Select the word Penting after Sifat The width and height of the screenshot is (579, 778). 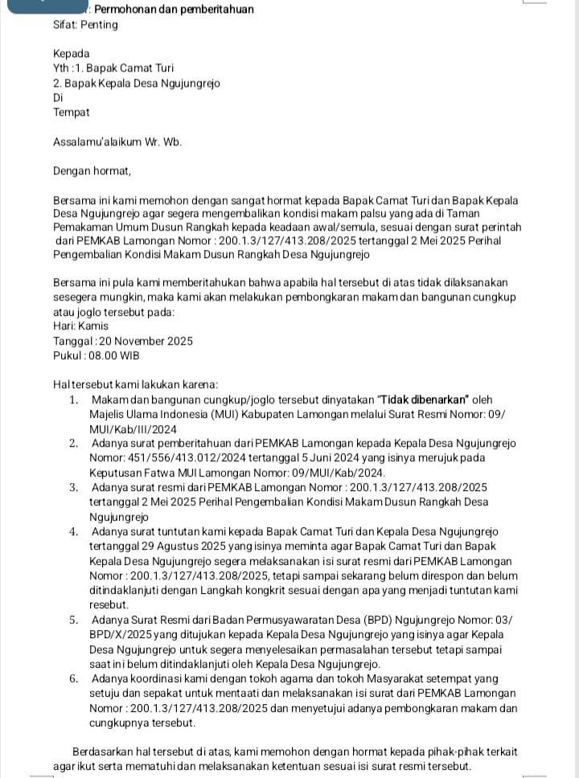(x=99, y=25)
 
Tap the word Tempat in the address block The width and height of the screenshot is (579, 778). (x=72, y=113)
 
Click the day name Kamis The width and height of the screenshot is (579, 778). (x=93, y=326)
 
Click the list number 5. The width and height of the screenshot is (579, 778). (x=73, y=620)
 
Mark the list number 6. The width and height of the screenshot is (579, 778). (x=73, y=678)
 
